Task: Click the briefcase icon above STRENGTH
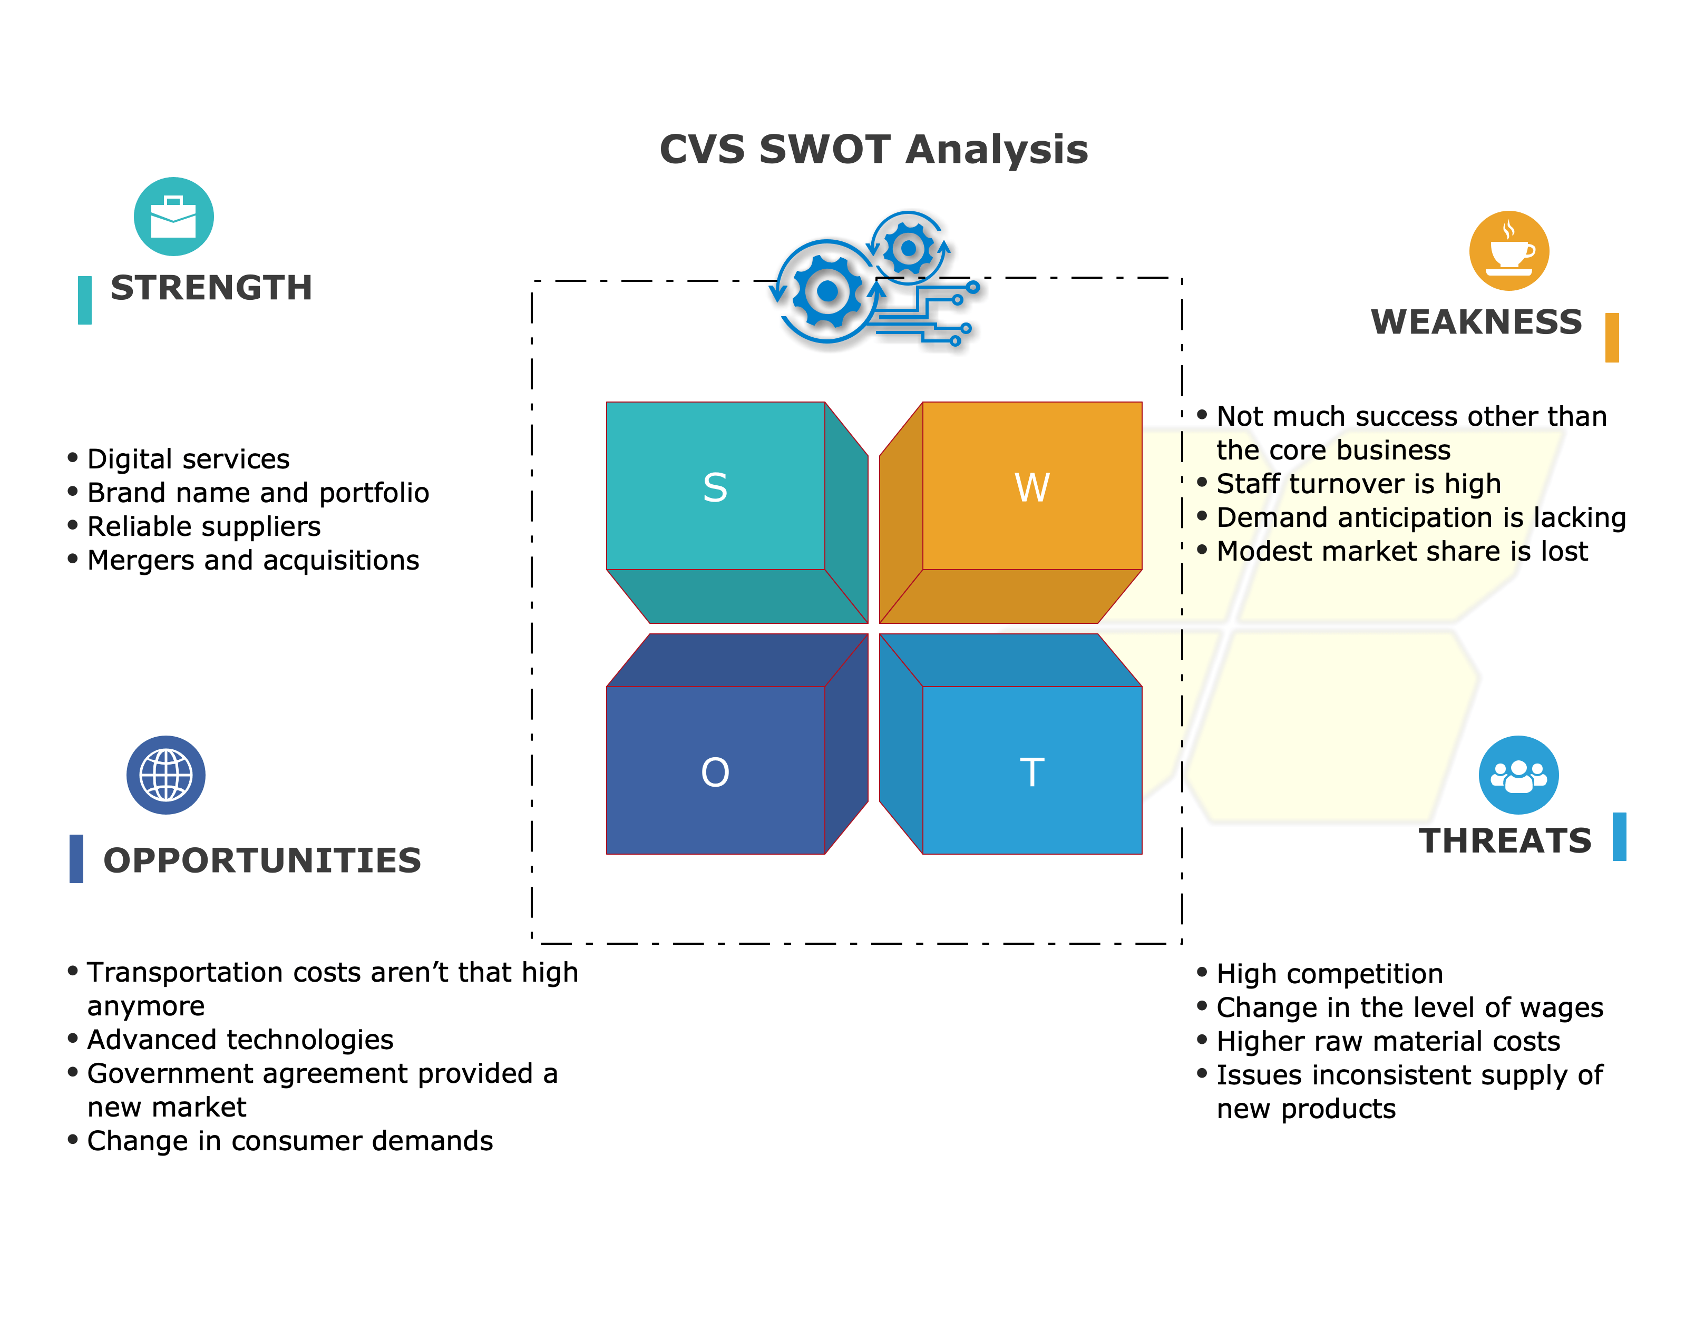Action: (174, 217)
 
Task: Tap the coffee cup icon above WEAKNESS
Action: (1509, 251)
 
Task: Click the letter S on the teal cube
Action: (715, 488)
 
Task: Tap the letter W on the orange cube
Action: (1032, 488)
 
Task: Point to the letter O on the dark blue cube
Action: (715, 772)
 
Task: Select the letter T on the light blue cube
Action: (1032, 772)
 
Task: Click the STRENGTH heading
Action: (211, 288)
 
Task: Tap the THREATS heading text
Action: (1505, 841)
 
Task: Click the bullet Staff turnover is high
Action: (1358, 484)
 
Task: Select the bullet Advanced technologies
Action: (240, 1040)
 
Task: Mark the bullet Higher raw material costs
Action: (1388, 1041)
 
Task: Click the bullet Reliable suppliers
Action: (203, 527)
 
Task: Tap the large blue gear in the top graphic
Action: (827, 291)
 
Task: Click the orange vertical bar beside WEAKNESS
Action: (1612, 337)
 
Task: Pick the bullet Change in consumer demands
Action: (290, 1141)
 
